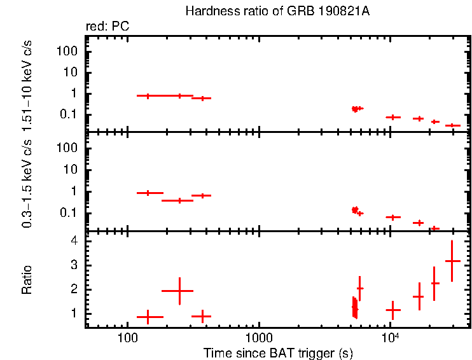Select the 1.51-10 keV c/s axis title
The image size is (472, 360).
[x=27, y=82]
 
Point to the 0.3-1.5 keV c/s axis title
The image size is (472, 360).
[x=27, y=181]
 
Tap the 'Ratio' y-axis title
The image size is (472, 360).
[x=27, y=279]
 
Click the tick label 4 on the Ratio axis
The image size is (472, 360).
[x=74, y=241]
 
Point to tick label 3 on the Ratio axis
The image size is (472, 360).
[x=74, y=265]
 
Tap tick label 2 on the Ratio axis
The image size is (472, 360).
[x=74, y=289]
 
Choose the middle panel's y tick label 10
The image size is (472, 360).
[x=71, y=170]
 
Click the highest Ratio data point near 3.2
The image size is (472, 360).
[x=452, y=261]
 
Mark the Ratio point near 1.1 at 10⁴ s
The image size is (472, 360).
[x=393, y=310]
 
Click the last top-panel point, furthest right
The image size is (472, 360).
[x=452, y=125]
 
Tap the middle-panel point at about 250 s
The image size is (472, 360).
[x=179, y=200]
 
